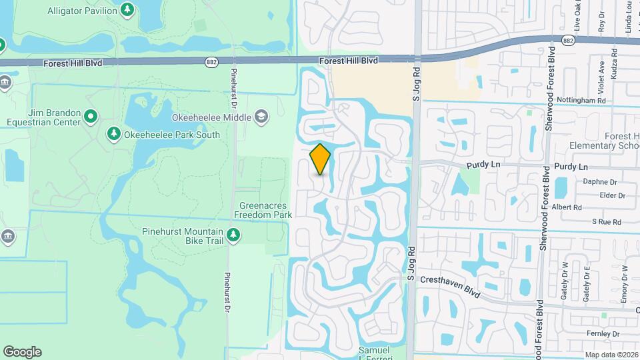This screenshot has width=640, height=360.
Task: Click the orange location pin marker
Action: (320, 159)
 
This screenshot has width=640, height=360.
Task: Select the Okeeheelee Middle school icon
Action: (261, 117)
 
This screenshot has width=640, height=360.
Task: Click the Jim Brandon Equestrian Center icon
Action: (91, 118)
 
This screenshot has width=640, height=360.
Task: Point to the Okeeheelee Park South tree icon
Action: (114, 135)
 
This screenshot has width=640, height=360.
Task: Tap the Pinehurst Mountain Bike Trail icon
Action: (233, 235)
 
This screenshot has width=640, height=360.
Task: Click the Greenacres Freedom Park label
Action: (264, 210)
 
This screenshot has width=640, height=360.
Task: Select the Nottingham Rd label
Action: (585, 101)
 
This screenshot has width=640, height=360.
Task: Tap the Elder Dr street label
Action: (613, 195)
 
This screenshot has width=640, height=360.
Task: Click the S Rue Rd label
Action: (607, 221)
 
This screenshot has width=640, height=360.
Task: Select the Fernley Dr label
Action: (604, 333)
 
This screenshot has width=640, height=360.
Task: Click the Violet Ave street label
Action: (601, 73)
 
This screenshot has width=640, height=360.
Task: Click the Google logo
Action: (22, 352)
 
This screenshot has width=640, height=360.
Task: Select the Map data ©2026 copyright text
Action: (611, 355)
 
